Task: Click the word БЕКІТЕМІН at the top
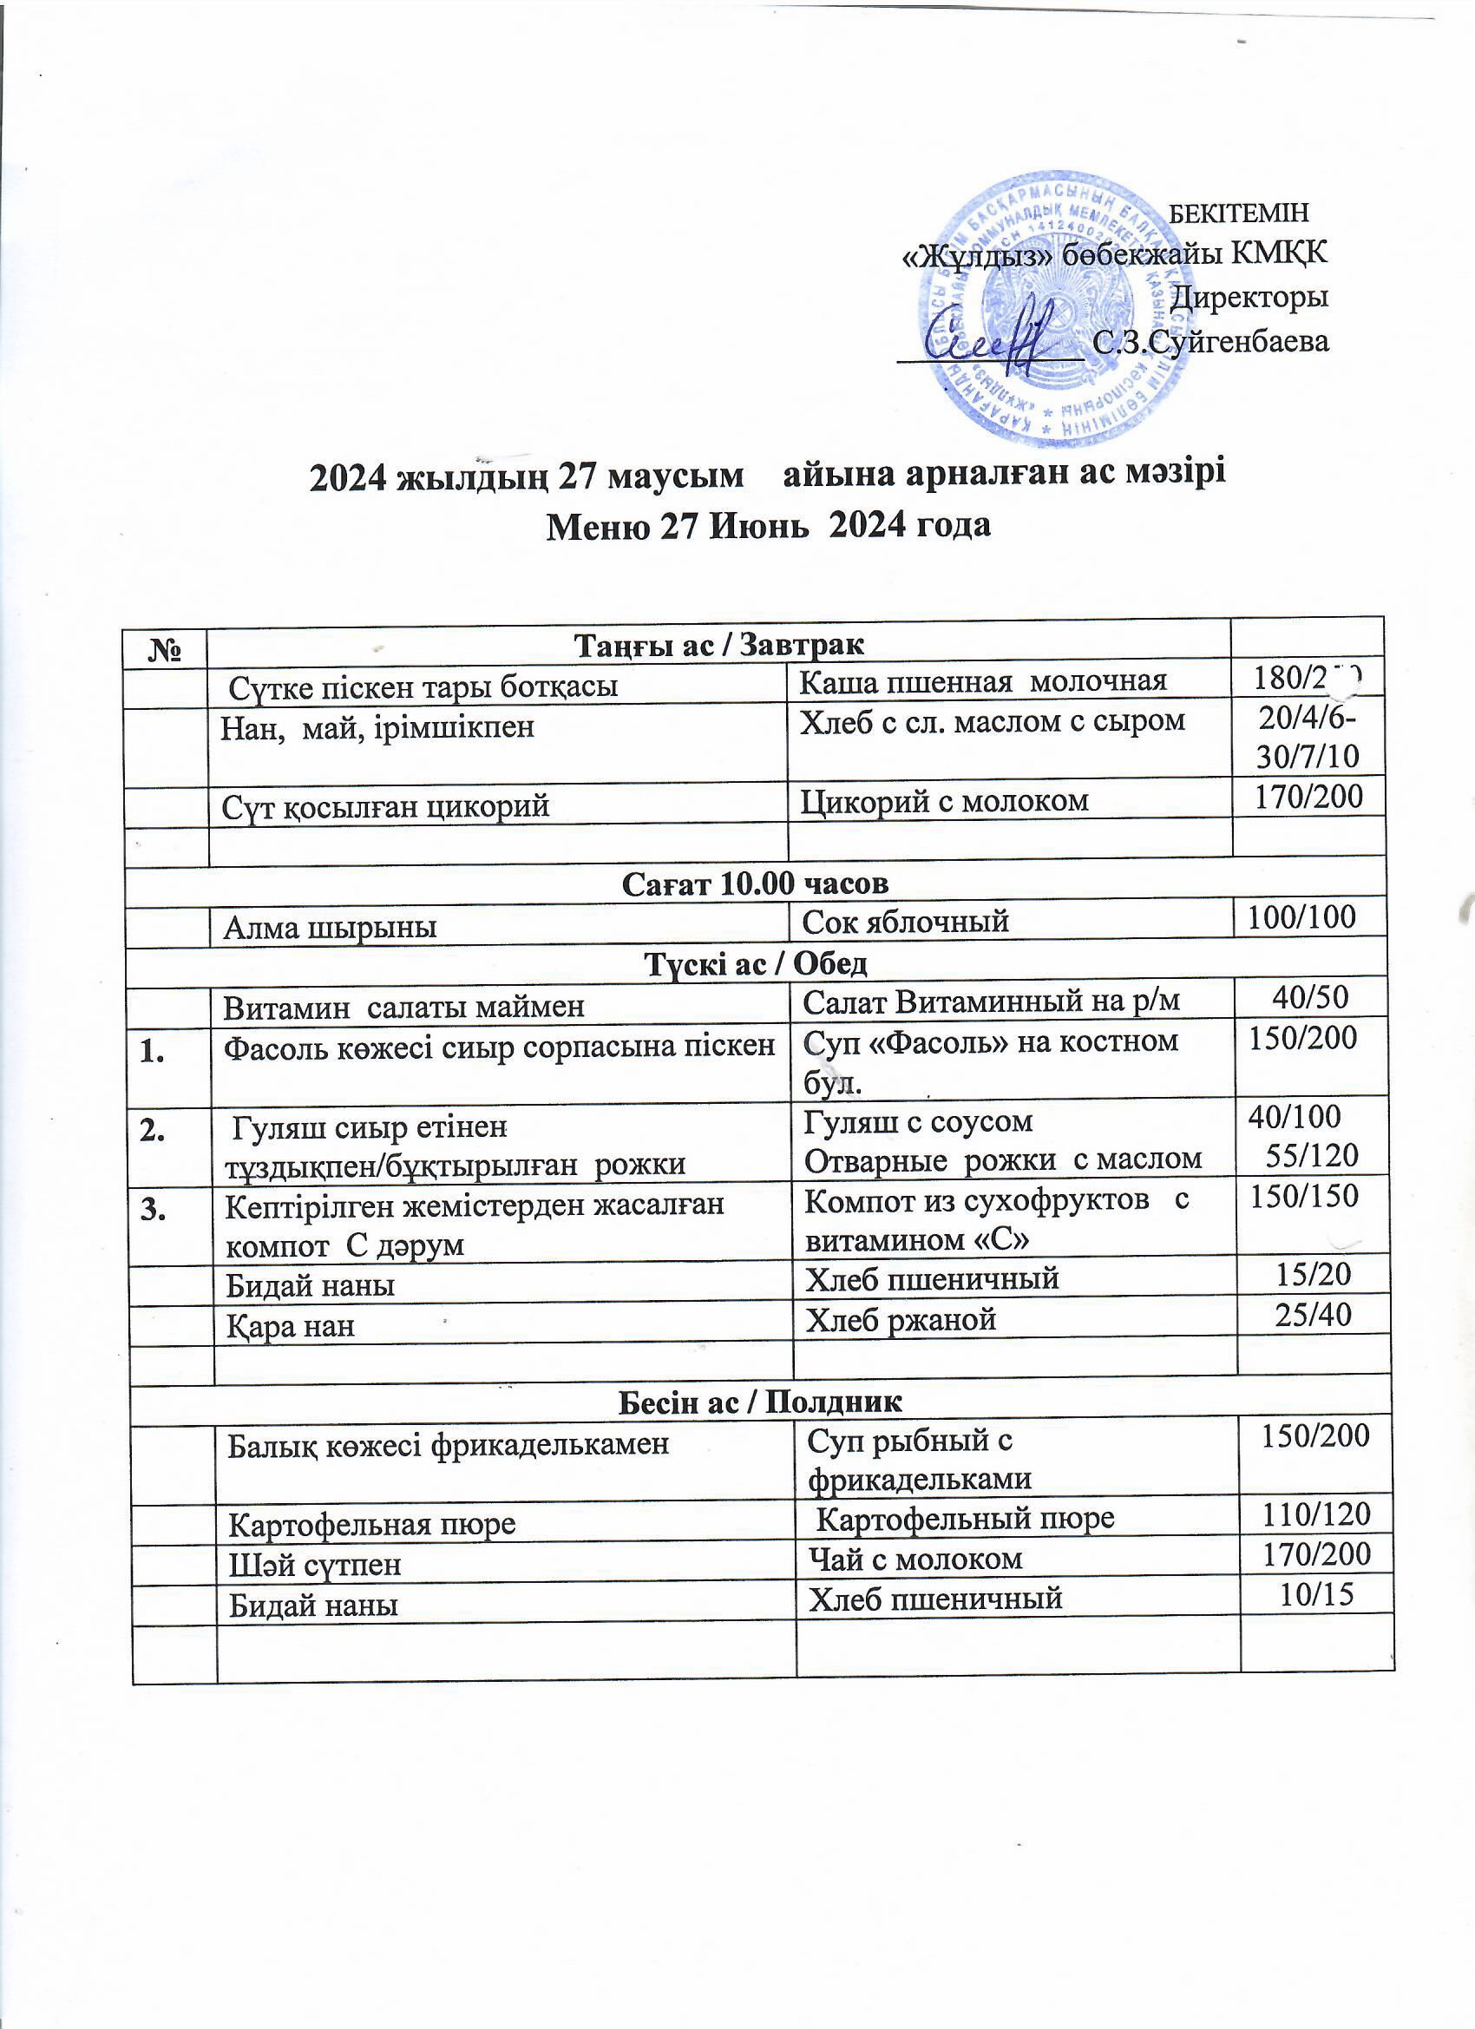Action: [1239, 213]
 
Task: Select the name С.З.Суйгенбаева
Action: [1211, 342]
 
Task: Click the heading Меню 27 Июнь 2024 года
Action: [769, 525]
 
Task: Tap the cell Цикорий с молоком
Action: [945, 800]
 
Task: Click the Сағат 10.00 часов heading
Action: [755, 883]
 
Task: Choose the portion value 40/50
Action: [1310, 996]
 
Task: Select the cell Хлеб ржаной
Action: [901, 1318]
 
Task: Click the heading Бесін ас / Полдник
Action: [760, 1402]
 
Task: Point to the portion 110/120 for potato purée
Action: [1315, 1514]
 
